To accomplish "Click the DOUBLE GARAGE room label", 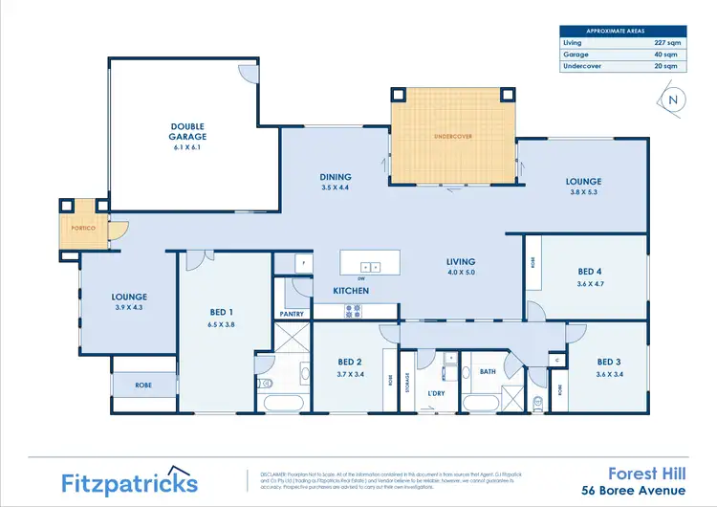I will [x=188, y=131].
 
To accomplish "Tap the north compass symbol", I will [x=674, y=99].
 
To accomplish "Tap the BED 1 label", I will [x=222, y=312].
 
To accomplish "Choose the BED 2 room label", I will [x=349, y=362].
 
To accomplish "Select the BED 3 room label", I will [x=609, y=362].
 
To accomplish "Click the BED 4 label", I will [x=590, y=272].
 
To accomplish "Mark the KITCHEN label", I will [x=351, y=290].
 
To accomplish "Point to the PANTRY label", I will [x=292, y=314].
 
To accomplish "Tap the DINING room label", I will [x=336, y=177].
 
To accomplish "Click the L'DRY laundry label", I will [x=436, y=393].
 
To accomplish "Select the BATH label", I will [x=488, y=371].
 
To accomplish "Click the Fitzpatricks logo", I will [x=130, y=482].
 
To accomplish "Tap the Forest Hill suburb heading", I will [x=647, y=472].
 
